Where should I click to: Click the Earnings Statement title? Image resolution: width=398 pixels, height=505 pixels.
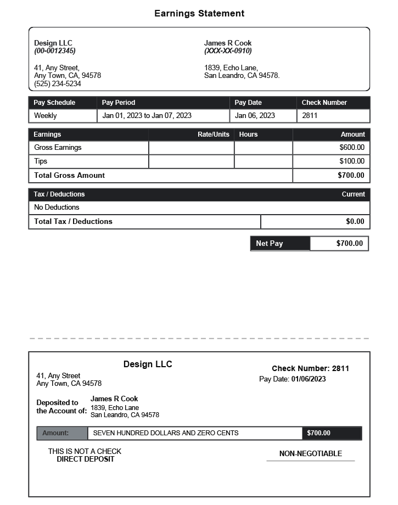[x=199, y=14]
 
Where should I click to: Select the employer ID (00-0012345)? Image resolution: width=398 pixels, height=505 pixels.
[x=55, y=51]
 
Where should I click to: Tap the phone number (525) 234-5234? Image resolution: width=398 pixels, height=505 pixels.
[x=58, y=84]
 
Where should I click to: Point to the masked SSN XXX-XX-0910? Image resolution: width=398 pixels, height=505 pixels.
[x=228, y=51]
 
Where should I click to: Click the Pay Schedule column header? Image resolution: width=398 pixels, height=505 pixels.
[x=54, y=103]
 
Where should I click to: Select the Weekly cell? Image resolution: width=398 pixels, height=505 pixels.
[x=46, y=116]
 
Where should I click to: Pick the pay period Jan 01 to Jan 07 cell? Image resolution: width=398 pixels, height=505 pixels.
[x=147, y=116]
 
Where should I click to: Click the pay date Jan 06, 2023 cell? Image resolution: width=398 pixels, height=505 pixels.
[x=255, y=116]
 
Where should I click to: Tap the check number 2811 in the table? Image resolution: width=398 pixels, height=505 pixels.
[x=310, y=116]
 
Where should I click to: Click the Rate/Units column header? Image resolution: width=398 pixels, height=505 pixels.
[x=213, y=134]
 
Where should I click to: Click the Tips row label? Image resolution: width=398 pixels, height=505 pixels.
[x=41, y=161]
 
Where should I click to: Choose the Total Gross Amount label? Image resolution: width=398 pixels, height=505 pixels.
[x=69, y=176]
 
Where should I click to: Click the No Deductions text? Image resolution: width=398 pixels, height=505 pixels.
[x=57, y=207]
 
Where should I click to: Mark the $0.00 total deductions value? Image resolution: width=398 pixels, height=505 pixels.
[x=355, y=222]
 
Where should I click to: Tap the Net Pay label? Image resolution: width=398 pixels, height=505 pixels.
[x=270, y=244]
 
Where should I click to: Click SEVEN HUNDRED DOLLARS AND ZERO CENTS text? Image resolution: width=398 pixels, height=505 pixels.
[x=166, y=433]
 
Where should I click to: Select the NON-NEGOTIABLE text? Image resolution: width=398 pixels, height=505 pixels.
[x=310, y=454]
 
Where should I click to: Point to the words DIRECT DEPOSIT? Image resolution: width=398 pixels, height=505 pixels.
[x=85, y=459]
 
